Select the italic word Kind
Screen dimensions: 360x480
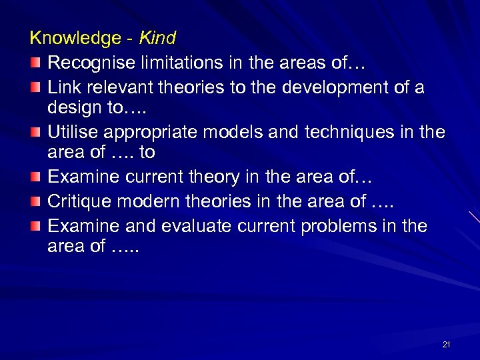click(x=157, y=39)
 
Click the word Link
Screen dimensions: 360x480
click(x=63, y=88)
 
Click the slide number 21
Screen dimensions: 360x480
click(x=446, y=344)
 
